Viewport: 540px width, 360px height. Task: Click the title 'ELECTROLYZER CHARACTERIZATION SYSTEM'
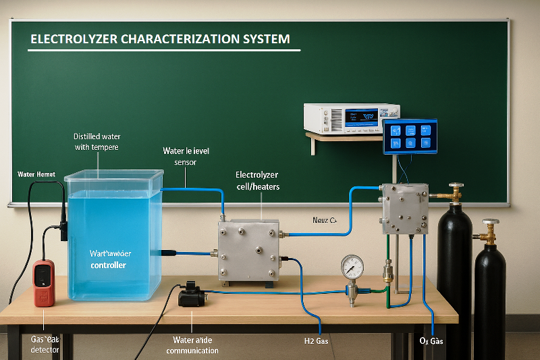[160, 39]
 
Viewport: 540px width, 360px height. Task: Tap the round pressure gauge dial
[352, 267]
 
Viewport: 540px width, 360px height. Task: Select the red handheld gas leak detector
[44, 283]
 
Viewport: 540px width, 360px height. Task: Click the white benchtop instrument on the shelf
[351, 118]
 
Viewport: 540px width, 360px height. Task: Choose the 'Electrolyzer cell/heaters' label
[256, 180]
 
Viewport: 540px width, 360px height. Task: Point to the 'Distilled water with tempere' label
[97, 141]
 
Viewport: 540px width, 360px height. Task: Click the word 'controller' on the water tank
[108, 265]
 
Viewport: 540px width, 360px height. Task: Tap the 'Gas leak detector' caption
[45, 344]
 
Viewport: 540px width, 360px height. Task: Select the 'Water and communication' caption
[192, 345]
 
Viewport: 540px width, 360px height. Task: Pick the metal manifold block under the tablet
[404, 209]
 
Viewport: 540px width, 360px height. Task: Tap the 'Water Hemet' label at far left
[35, 174]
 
